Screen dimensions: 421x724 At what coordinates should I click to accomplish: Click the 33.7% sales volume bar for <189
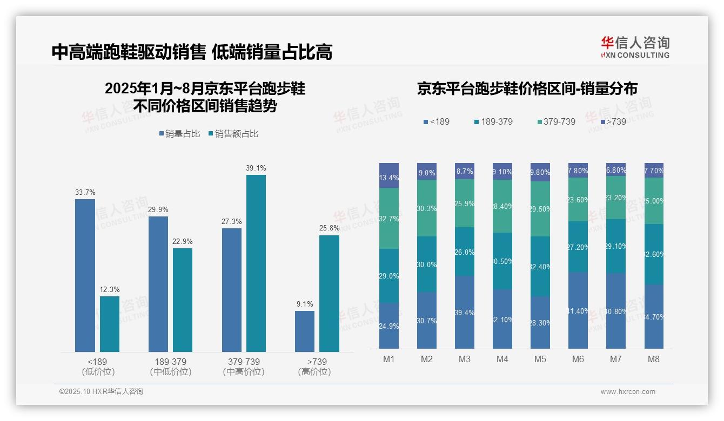coord(85,275)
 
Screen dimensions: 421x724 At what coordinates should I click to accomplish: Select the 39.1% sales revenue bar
coord(256,263)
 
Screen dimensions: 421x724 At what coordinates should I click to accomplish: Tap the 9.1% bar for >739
coord(305,331)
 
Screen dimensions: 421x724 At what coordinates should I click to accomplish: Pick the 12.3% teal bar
coord(110,324)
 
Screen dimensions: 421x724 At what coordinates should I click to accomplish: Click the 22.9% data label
coord(183,241)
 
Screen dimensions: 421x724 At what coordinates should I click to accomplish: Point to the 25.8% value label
coord(329,228)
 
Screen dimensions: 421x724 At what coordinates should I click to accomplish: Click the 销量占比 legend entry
coord(179,134)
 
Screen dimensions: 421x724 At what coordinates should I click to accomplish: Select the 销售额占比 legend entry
coord(233,134)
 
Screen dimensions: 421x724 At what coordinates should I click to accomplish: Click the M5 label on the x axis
coord(540,359)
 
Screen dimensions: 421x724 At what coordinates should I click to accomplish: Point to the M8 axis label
coord(653,359)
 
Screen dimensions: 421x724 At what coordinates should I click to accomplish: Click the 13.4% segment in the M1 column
coord(389,175)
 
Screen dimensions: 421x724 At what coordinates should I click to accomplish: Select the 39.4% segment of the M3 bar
coord(465,312)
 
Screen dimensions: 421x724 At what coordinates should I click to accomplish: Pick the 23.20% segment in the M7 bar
coord(616,198)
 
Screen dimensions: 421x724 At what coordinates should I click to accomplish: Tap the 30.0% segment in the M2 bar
coord(427,264)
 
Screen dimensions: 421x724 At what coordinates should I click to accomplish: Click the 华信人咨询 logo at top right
coord(635,47)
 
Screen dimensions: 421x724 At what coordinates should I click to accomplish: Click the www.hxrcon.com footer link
coord(628,392)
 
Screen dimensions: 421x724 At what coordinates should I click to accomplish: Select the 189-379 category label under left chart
coord(171,366)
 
